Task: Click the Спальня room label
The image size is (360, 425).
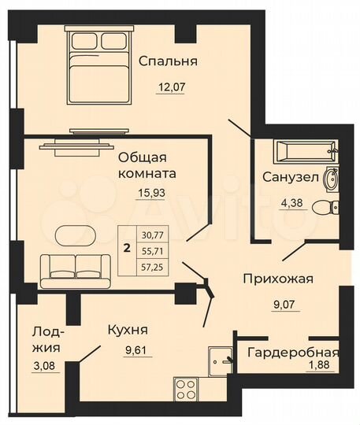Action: [x=168, y=61]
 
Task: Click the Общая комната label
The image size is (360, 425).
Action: [x=147, y=164]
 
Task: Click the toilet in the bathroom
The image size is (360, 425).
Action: [x=325, y=208]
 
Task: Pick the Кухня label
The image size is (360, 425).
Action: [x=128, y=330]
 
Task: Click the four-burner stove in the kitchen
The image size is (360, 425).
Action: [x=185, y=389]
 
